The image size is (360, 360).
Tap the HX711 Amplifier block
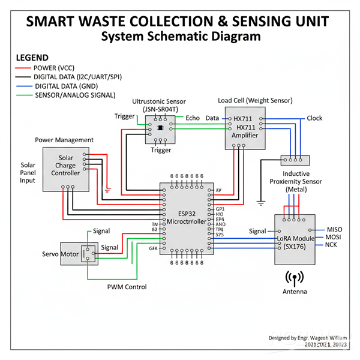click(245, 128)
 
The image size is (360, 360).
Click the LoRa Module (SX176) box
click(294, 238)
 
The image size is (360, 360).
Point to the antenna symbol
click(294, 278)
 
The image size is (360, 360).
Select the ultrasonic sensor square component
click(160, 128)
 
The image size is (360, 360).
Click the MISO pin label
click(334, 229)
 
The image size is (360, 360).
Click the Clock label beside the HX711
click(314, 118)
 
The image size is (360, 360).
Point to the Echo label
click(193, 118)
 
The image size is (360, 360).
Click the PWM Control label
click(127, 287)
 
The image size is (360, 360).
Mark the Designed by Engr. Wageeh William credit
click(308, 338)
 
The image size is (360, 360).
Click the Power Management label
click(64, 140)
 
